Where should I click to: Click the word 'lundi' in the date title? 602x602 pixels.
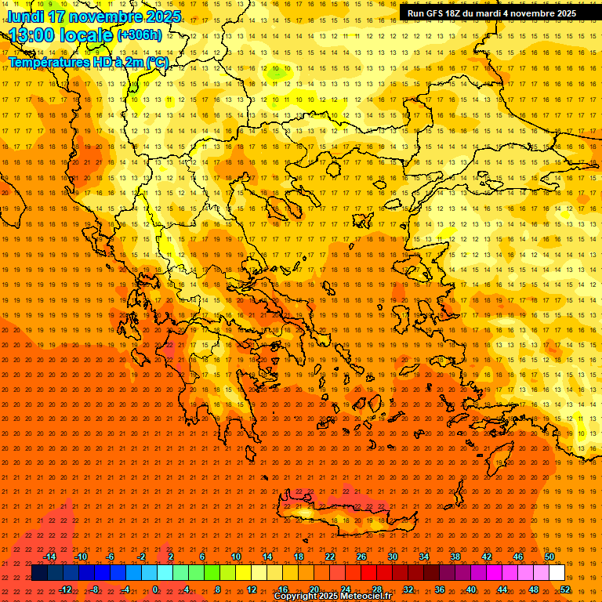tap(25, 16)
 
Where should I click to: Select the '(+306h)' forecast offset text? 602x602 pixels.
tap(140, 35)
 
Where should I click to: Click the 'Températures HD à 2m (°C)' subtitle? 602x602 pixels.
tap(88, 62)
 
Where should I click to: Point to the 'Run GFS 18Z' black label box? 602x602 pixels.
tap(491, 13)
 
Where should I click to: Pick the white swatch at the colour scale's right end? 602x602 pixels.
tap(557, 573)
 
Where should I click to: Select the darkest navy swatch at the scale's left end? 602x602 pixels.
tap(39, 573)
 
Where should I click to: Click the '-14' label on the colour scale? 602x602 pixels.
tap(49, 557)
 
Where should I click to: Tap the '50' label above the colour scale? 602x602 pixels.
tap(549, 557)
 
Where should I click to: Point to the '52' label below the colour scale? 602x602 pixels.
tap(565, 589)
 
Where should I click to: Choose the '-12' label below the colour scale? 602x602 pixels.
tap(65, 589)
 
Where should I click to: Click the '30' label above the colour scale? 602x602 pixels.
tap(392, 557)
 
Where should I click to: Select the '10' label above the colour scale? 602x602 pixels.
tap(235, 557)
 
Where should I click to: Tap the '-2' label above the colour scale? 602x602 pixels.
tap(141, 557)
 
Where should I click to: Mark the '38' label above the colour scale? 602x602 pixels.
tap(455, 557)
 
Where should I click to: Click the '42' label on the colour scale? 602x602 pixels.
tap(487, 557)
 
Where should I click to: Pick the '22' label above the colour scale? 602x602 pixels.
tap(330, 557)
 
